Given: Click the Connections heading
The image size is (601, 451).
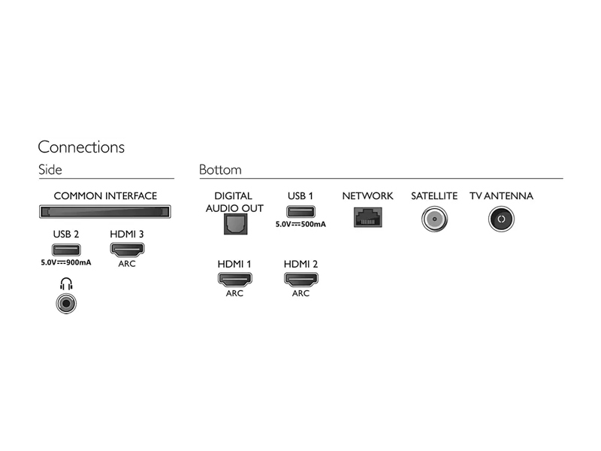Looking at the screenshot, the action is (x=81, y=147).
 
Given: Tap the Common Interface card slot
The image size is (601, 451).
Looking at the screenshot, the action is (x=105, y=212).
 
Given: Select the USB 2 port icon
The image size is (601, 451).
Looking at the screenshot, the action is (x=66, y=250).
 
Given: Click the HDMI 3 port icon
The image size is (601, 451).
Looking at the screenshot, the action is (x=127, y=250).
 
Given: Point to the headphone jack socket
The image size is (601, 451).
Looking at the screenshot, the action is (x=66, y=304).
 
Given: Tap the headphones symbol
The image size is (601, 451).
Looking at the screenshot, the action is (x=66, y=284).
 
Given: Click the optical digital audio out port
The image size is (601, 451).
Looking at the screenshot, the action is (x=235, y=224).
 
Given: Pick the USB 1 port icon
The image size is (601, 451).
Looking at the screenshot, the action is (x=301, y=212).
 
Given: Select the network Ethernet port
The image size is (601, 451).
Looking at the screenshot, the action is (x=367, y=217).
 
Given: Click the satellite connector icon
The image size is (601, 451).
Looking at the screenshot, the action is (x=434, y=219).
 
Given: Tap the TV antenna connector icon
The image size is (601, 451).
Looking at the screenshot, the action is (x=501, y=219).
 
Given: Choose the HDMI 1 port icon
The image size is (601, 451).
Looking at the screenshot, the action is (x=235, y=279).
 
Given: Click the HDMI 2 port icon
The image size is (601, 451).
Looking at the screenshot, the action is (x=301, y=279).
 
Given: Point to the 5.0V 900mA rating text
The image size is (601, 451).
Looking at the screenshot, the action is (x=66, y=262).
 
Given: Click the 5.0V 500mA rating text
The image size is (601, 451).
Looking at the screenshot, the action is (x=300, y=224).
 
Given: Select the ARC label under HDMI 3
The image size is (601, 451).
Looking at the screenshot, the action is (x=127, y=264).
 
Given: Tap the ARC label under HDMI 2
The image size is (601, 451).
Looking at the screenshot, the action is (x=301, y=293).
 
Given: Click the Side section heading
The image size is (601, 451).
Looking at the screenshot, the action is (x=50, y=170).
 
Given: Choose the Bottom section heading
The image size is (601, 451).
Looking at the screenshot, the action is (x=220, y=170).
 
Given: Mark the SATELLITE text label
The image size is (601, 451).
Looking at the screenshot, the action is (x=434, y=196).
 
